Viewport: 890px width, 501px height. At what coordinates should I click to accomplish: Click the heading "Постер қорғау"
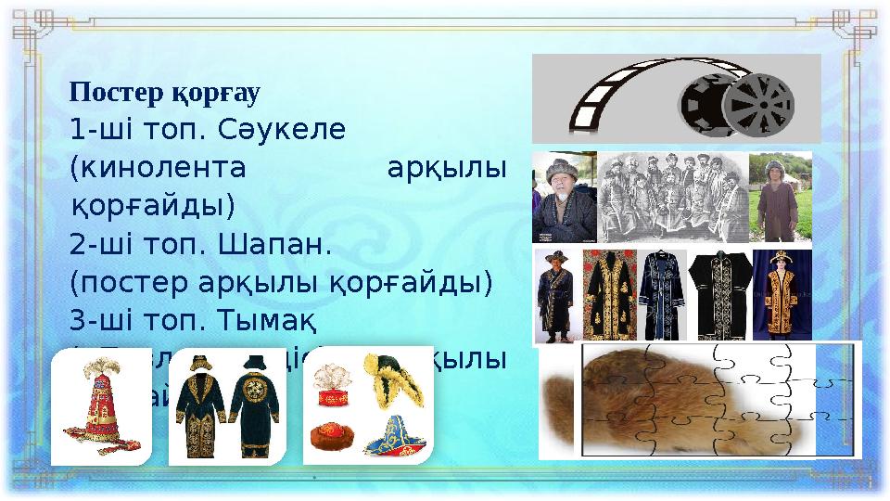[165, 93]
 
